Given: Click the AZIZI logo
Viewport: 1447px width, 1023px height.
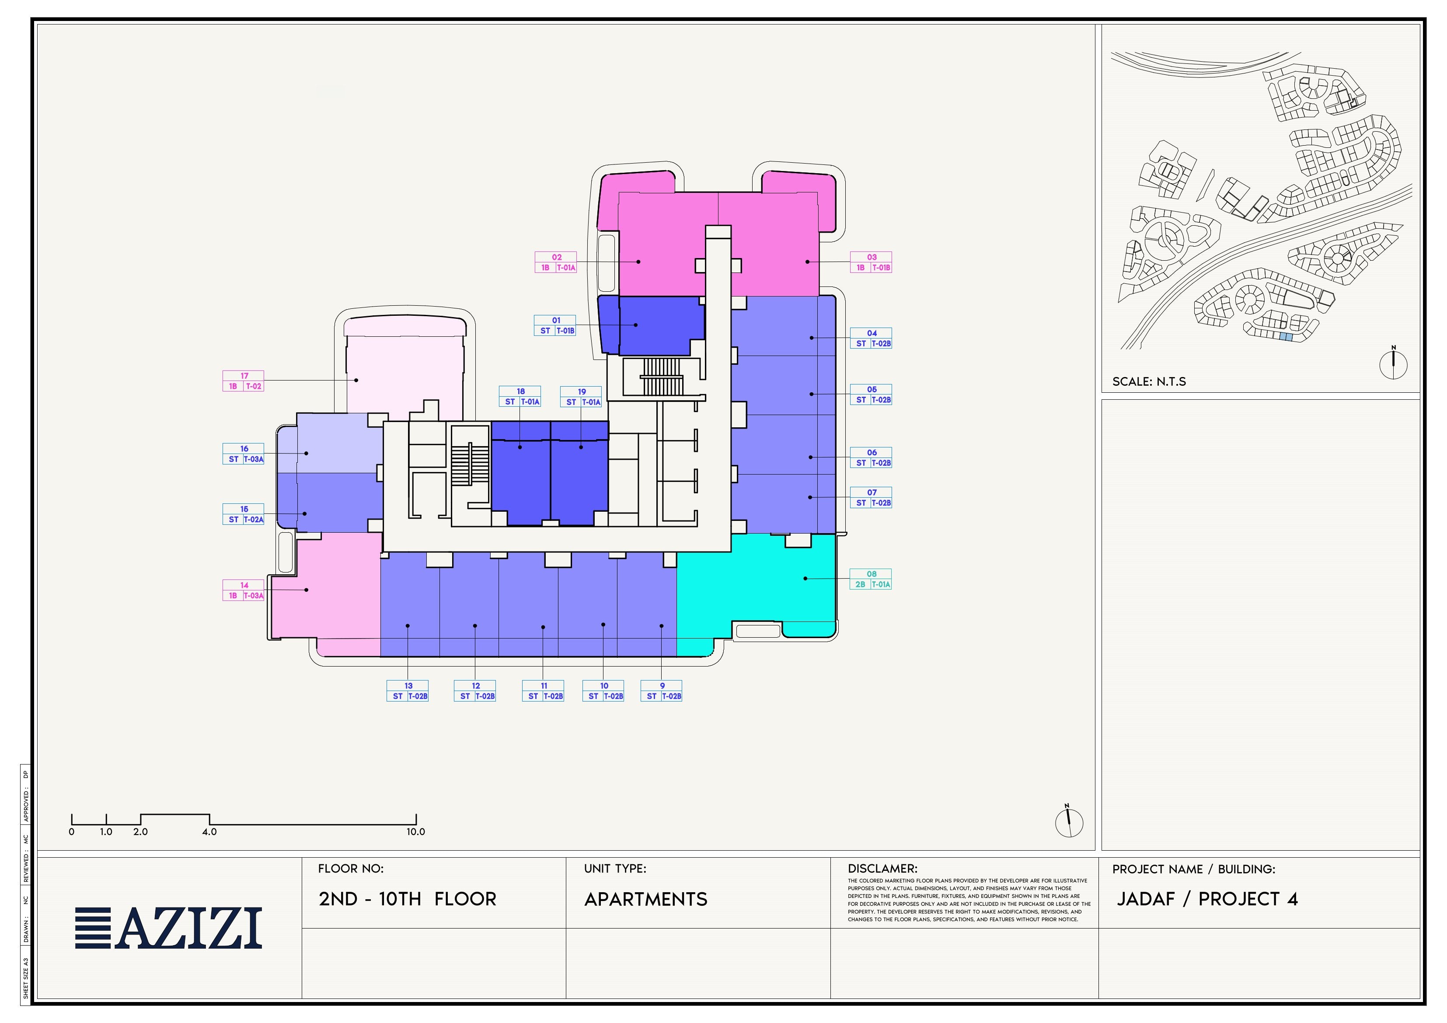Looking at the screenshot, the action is click(x=168, y=928).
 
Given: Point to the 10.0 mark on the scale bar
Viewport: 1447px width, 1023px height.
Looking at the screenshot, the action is click(x=416, y=831).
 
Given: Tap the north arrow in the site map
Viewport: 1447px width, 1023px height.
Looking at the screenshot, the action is click(x=1393, y=363).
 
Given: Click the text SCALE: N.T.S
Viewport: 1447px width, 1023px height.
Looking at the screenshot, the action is click(x=1149, y=381).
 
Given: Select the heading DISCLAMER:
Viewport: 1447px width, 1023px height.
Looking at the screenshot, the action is click(x=882, y=869).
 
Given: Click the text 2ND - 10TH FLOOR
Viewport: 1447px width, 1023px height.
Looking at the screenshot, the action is click(x=407, y=899).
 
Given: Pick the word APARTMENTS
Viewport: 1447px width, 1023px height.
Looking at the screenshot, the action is click(x=646, y=900).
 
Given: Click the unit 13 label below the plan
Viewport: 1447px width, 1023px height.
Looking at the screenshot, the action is click(x=408, y=691).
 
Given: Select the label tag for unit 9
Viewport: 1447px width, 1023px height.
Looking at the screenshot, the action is click(x=661, y=691).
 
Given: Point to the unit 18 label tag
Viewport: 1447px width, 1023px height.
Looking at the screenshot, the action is click(x=520, y=396).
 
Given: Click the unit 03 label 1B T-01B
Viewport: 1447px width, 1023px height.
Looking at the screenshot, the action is click(x=871, y=262).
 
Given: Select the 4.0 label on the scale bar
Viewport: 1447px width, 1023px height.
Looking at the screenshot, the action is click(x=209, y=831).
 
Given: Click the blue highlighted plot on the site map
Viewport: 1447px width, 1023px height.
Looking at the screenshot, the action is click(x=1286, y=337).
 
